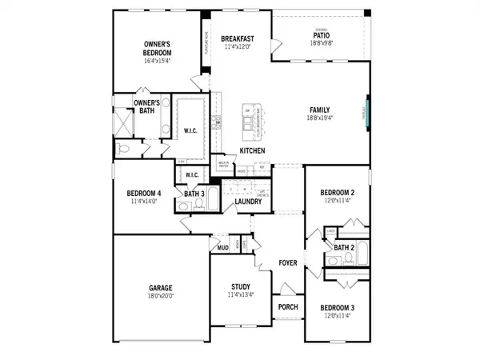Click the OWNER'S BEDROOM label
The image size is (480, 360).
pos(158,49)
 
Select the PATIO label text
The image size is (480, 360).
pos(320,35)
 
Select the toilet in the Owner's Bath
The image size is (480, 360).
pos(122,150)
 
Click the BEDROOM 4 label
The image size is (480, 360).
pos(143,193)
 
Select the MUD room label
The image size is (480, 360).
pos(223,248)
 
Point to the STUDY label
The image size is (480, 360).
pos(241,286)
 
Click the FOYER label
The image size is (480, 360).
pos(288,262)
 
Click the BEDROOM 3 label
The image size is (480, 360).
pos(337,308)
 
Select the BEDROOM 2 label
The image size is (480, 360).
pos(337,193)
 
